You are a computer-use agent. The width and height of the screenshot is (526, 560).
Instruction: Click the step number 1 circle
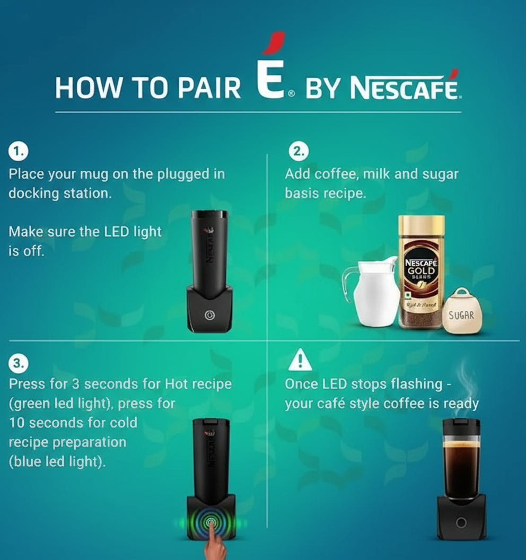coord(18,152)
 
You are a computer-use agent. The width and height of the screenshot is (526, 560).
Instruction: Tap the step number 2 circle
coord(299,152)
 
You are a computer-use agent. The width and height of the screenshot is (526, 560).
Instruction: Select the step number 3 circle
coord(18,363)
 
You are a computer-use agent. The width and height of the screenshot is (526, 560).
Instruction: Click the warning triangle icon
coord(300,361)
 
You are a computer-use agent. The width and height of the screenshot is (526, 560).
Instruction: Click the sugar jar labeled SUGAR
coord(462,313)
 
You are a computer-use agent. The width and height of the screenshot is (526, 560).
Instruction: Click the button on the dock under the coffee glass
coord(461,523)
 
